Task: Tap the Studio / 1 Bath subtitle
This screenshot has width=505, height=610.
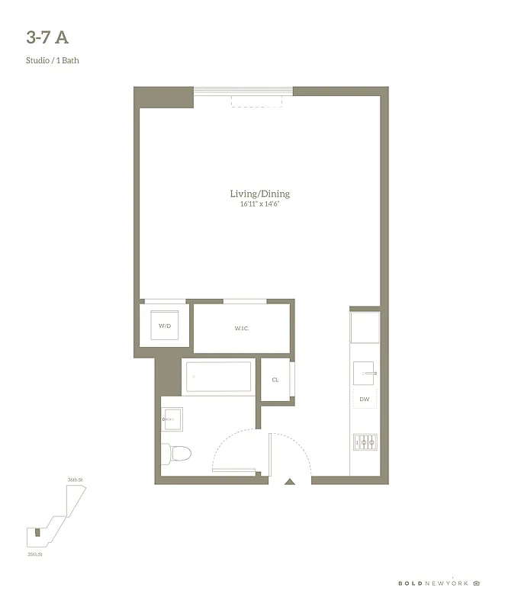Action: pos(52,60)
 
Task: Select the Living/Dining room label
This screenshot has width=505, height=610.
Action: pos(259,194)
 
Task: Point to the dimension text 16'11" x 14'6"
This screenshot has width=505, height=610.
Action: pos(259,204)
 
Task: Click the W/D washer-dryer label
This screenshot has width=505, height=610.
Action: pos(165,326)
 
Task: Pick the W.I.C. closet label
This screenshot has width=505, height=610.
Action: pos(242,328)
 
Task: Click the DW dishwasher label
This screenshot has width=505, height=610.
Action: pos(365,398)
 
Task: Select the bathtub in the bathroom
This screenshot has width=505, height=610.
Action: pos(219,377)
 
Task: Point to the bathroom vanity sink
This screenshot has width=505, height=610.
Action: pos(172,419)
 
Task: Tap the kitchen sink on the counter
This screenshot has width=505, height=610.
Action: pos(365,373)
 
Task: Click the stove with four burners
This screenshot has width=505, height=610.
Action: pos(365,441)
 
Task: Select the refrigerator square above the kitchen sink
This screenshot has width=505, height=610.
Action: pos(365,326)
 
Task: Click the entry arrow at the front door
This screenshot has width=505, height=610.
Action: pos(289,481)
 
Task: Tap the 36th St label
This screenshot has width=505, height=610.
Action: pos(74,480)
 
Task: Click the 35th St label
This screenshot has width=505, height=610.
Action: pos(35,554)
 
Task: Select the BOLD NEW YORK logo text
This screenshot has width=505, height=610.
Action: pos(433,583)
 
